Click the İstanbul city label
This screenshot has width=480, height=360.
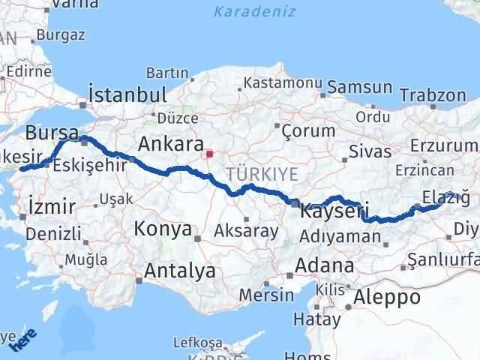click(127, 95)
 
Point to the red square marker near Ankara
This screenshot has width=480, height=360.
click(209, 155)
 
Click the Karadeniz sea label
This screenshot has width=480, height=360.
click(254, 12)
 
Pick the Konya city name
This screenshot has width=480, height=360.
click(162, 229)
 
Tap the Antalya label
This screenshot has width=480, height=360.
click(181, 270)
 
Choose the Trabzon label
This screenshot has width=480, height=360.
click(433, 95)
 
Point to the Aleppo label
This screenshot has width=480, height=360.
click(387, 297)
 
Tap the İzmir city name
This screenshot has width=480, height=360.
click(50, 205)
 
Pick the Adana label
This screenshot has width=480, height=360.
click(324, 265)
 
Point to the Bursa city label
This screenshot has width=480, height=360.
click(52, 133)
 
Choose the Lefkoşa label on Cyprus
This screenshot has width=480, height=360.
click(197, 342)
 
